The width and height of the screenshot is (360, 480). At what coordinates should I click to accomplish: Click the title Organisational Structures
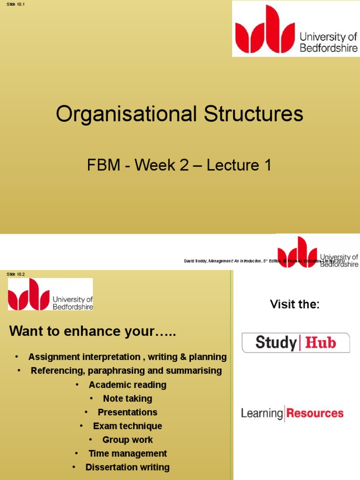(180, 114)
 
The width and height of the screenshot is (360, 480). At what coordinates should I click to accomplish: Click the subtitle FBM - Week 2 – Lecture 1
(180, 165)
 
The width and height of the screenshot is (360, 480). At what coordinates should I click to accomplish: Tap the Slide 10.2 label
(15, 274)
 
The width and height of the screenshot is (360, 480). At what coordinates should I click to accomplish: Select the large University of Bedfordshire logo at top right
(296, 29)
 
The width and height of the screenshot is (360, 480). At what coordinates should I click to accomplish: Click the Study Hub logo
(295, 343)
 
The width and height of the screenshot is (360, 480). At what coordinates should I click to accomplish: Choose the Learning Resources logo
(292, 413)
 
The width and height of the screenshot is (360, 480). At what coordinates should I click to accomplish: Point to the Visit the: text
(295, 304)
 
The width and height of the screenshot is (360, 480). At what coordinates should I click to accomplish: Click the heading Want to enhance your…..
(93, 331)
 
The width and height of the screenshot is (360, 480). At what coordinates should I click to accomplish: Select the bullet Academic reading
(127, 385)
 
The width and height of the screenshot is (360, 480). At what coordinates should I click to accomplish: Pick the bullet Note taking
(127, 398)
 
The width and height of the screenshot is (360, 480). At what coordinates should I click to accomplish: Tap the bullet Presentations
(127, 412)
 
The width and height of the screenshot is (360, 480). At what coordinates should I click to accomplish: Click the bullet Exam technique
(127, 426)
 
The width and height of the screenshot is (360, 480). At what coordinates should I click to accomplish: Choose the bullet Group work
(127, 440)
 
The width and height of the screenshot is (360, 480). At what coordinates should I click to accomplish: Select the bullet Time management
(127, 453)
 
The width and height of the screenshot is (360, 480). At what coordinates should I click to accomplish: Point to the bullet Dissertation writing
(127, 467)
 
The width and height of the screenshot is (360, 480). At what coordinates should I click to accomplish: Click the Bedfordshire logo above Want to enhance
(50, 294)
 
